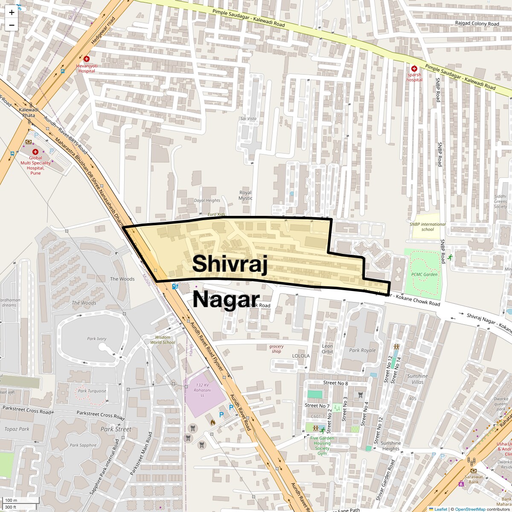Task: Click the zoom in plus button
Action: pyautogui.click(x=12, y=12)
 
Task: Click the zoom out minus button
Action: pyautogui.click(x=12, y=25)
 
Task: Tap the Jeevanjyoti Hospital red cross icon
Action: pyautogui.click(x=87, y=58)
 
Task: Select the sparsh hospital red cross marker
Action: pyautogui.click(x=414, y=68)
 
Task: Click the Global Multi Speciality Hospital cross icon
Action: pyautogui.click(x=36, y=151)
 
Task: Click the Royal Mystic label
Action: pyautogui.click(x=245, y=195)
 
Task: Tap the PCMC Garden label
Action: pyautogui.click(x=425, y=274)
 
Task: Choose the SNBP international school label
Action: pyautogui.click(x=428, y=227)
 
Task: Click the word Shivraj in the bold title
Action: pyautogui.click(x=230, y=263)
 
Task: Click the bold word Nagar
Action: pyautogui.click(x=226, y=300)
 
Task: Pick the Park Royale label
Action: pyautogui.click(x=363, y=350)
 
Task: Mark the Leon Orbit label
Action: pyautogui.click(x=327, y=349)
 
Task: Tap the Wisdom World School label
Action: pyautogui.click(x=163, y=340)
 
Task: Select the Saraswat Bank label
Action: pyautogui.click(x=472, y=479)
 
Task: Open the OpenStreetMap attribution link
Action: pyautogui.click(x=470, y=509)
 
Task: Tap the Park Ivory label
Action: pyautogui.click(x=97, y=339)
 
